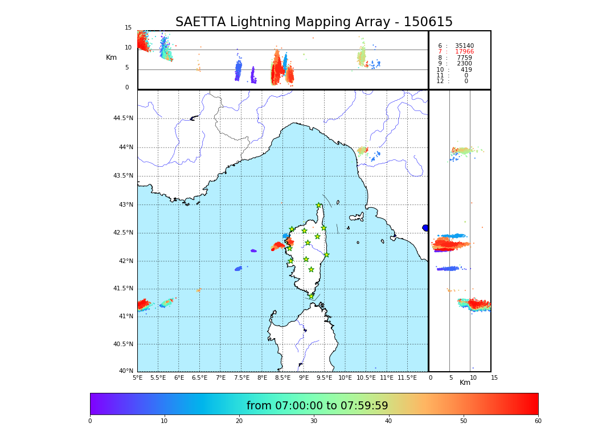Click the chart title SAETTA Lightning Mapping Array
click(314, 22)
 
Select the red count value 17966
click(464, 52)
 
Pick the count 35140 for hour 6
click(464, 46)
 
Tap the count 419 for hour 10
click(466, 69)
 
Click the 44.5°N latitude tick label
click(123, 118)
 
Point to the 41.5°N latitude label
click(123, 289)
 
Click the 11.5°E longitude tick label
click(408, 377)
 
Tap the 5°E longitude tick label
click(137, 377)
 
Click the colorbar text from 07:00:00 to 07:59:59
click(317, 406)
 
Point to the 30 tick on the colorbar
click(314, 421)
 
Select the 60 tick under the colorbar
click(538, 421)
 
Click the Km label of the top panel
click(111, 58)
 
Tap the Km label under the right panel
click(465, 383)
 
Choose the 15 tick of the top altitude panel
click(128, 28)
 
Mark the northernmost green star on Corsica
click(319, 206)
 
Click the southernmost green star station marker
click(312, 296)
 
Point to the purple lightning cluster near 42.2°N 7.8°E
click(253, 251)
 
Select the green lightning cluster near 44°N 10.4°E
click(362, 150)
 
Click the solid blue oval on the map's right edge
click(425, 228)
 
